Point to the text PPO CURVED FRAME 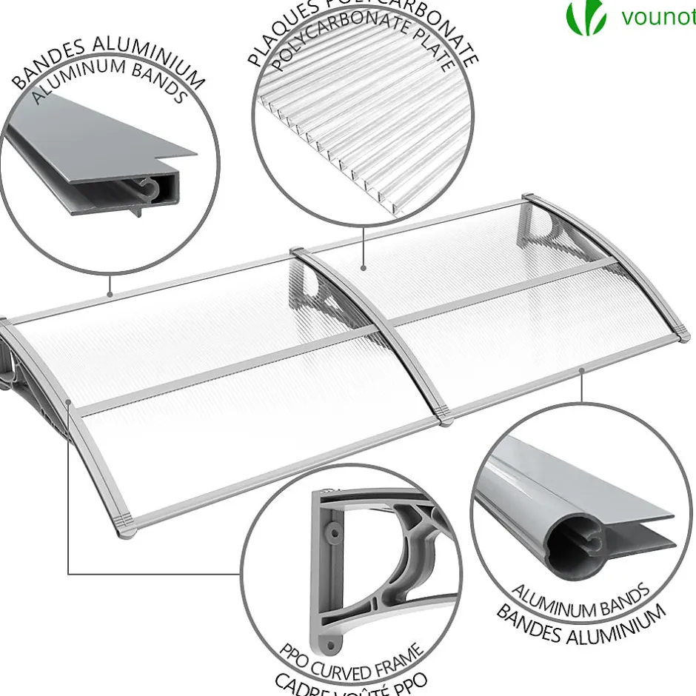click(351, 661)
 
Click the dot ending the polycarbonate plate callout click(364, 268)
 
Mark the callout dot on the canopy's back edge click(110, 294)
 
